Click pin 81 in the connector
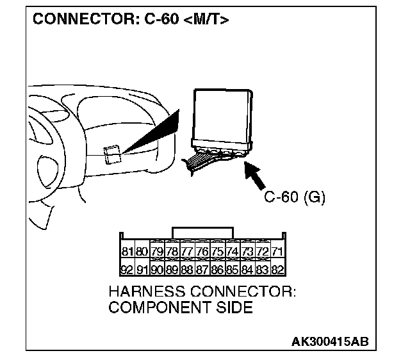[126, 251]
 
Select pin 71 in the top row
[277, 251]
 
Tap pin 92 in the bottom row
[126, 270]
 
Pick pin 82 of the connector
[277, 270]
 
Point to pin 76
[202, 251]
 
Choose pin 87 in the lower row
[202, 270]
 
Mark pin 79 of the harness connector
[157, 251]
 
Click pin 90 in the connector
[157, 270]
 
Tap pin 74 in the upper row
[233, 251]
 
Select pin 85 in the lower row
[233, 270]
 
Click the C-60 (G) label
[295, 197]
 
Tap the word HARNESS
[151, 292]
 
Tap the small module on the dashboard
[113, 153]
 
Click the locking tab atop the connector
[202, 232]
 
